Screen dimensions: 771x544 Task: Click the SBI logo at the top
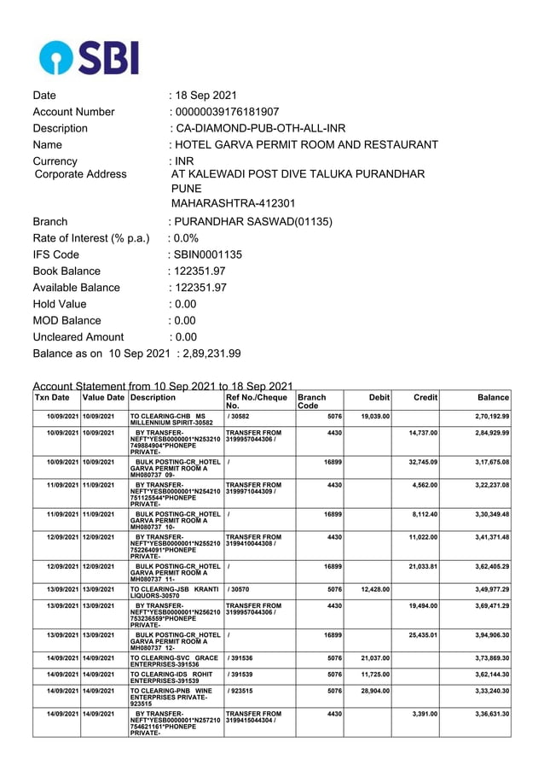click(x=88, y=56)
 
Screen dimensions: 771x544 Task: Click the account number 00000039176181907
click(x=227, y=112)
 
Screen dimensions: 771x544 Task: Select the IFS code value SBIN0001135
click(x=209, y=254)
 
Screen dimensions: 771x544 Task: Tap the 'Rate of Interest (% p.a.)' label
click(x=91, y=238)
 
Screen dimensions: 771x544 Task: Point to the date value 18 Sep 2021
click(x=206, y=96)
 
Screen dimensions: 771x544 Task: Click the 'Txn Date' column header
click(x=52, y=398)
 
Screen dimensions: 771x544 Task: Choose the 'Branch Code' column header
click(x=312, y=402)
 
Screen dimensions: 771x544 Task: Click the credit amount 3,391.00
click(x=423, y=713)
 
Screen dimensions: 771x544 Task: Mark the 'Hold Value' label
click(x=59, y=304)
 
